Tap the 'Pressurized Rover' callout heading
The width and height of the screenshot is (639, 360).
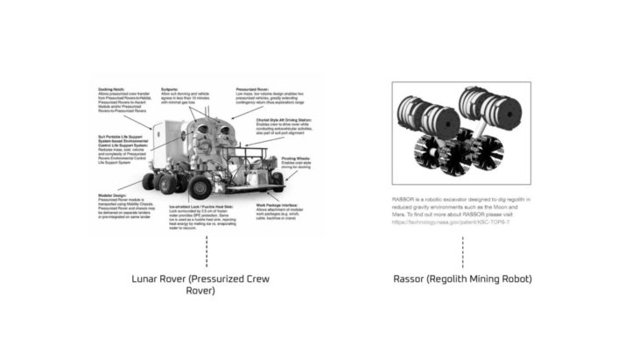pyautogui.click(x=249, y=89)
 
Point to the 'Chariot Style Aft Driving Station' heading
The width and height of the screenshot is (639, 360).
pyautogui.click(x=279, y=119)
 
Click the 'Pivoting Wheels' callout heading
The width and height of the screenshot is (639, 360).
pyautogui.click(x=294, y=158)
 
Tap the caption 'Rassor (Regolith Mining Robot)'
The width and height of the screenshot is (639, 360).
pyautogui.click(x=462, y=279)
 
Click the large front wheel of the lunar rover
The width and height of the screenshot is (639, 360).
pyautogui.click(x=200, y=187)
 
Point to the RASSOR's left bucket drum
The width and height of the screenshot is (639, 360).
pyautogui.click(x=425, y=114)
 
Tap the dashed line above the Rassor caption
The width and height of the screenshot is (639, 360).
pyautogui.click(x=462, y=251)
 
